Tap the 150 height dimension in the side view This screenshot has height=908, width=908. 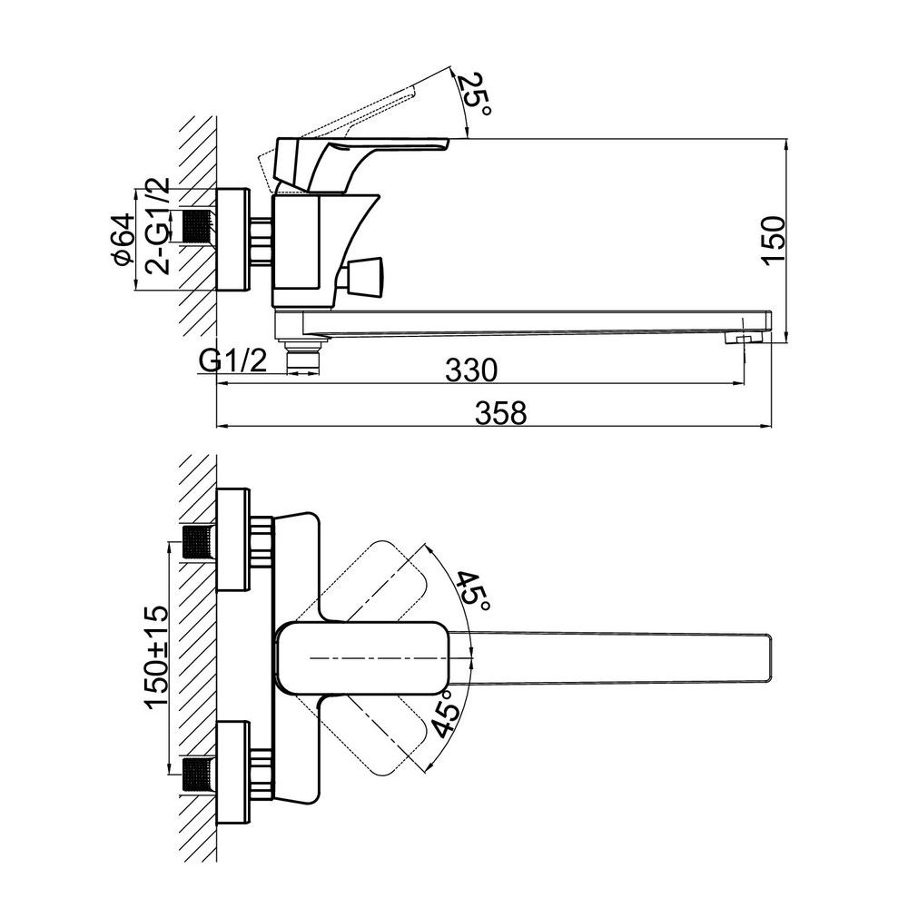[x=774, y=241]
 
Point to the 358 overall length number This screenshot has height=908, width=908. [x=501, y=413]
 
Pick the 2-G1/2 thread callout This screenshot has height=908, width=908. [x=158, y=226]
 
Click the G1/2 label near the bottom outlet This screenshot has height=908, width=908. [x=232, y=361]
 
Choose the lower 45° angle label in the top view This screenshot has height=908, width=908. [x=447, y=714]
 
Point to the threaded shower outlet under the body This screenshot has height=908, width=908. [x=303, y=356]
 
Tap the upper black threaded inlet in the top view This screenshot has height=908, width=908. [x=198, y=541]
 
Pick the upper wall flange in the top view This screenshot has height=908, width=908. [x=232, y=539]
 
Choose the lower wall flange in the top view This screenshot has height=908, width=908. [x=232, y=773]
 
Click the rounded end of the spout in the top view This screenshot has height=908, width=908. [x=771, y=657]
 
